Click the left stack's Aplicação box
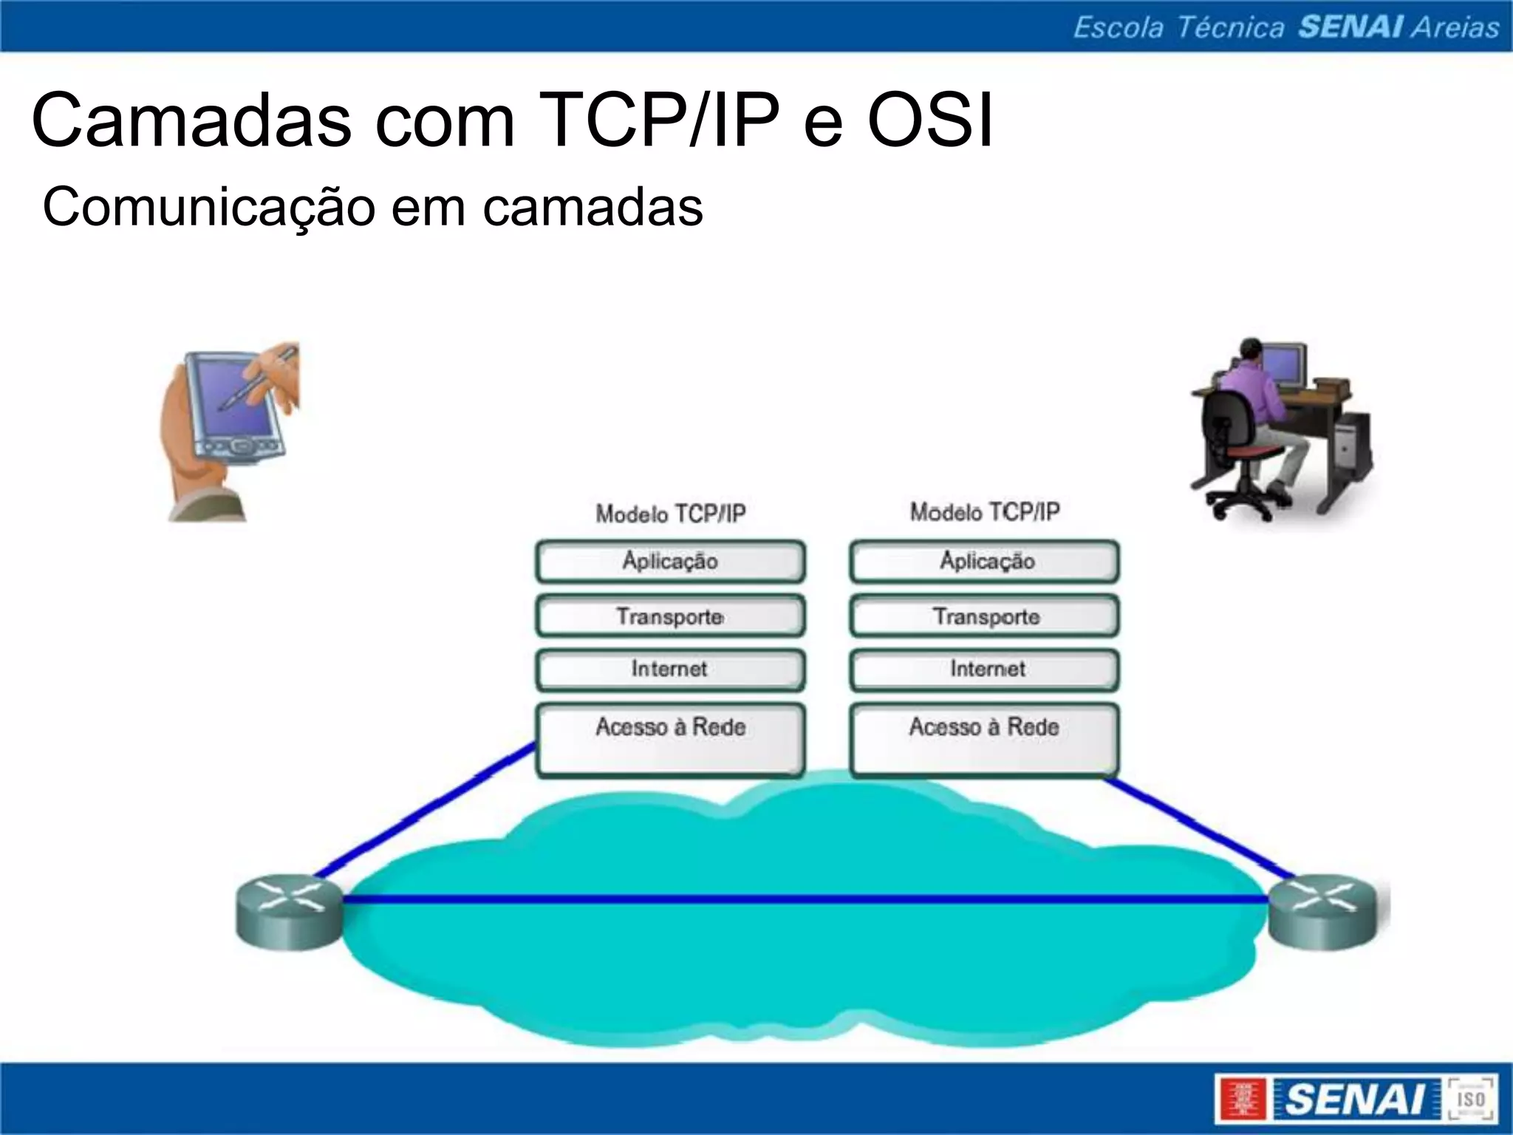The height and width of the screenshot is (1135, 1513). [x=670, y=562]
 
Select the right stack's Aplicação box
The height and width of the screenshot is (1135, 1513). [x=984, y=562]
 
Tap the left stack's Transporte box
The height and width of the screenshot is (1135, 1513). [x=670, y=616]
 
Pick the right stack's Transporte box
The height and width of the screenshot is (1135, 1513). [x=984, y=616]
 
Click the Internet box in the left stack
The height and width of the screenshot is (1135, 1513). [x=670, y=669]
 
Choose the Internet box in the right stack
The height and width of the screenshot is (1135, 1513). [x=984, y=669]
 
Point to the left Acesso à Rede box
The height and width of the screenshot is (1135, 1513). [x=670, y=739]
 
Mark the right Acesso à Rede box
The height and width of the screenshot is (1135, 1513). [x=984, y=739]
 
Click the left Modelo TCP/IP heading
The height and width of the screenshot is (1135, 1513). [x=670, y=514]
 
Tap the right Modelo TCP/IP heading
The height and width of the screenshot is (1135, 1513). [x=984, y=511]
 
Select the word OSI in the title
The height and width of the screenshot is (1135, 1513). [x=929, y=120]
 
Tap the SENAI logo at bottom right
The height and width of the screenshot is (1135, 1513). [x=1330, y=1099]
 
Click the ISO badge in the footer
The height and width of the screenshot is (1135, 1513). [x=1471, y=1099]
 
